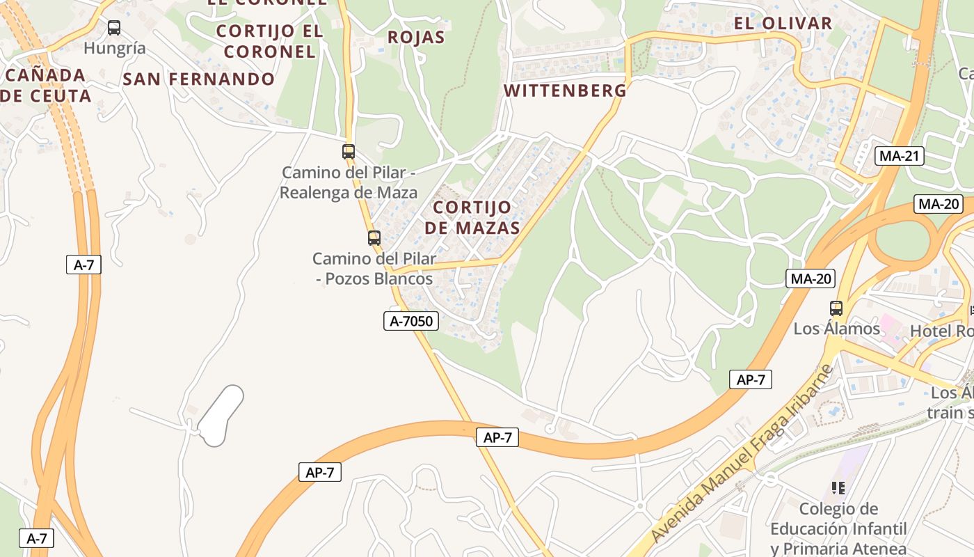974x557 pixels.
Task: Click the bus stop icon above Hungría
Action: [x=114, y=28]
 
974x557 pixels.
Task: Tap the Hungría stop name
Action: [x=115, y=48]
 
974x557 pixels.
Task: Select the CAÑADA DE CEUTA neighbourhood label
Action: [x=46, y=85]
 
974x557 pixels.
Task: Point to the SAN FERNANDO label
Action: [x=199, y=79]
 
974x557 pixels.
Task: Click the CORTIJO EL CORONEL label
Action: [x=269, y=41]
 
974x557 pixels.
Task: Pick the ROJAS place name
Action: [x=415, y=38]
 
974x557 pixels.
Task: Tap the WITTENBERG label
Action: [x=565, y=91]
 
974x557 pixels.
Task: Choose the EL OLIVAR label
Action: [x=783, y=23]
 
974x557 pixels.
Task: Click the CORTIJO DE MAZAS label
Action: [x=472, y=217]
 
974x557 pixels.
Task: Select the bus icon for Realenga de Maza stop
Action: [x=349, y=151]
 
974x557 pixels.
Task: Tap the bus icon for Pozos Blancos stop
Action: [x=374, y=237]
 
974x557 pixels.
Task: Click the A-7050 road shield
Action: [x=411, y=321]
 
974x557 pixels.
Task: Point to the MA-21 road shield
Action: [x=900, y=156]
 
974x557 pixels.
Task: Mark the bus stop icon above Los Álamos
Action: [x=836, y=308]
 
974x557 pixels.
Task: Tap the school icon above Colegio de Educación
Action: [x=838, y=488]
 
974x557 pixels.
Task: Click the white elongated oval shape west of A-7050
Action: [x=221, y=416]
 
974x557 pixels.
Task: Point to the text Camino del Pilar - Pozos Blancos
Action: [x=374, y=269]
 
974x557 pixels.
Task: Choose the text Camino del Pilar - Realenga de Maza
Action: [x=349, y=182]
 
